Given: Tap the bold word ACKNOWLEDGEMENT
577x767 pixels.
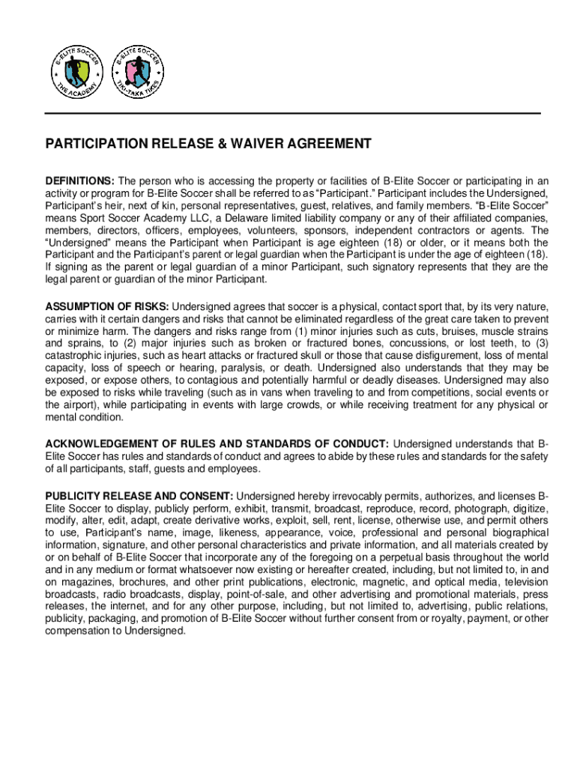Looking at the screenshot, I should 98,443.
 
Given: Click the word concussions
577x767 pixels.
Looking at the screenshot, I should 414,344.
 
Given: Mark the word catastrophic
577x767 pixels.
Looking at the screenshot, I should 76,356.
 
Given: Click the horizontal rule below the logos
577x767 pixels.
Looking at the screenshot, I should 293,113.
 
